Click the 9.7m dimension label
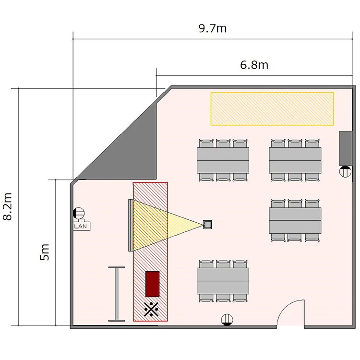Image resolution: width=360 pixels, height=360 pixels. tap(213, 28)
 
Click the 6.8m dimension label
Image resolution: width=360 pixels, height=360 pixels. tap(254, 65)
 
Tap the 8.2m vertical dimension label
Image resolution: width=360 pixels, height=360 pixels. tap(8, 206)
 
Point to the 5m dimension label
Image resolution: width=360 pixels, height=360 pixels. tap(45, 252)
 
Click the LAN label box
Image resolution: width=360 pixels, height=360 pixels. tap(82, 226)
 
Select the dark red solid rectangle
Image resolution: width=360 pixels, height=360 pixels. tap(153, 284)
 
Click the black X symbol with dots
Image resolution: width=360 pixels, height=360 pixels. tap(151, 309)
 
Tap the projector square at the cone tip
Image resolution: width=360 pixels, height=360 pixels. tap(207, 224)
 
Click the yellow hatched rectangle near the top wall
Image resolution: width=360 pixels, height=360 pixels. tap(272, 109)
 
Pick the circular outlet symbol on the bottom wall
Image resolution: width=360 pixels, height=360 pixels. tap(227, 320)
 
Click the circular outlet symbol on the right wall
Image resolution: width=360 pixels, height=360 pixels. tap(345, 171)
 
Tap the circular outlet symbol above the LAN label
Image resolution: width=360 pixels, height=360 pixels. tap(79, 213)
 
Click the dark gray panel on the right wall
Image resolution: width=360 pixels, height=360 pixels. tap(346, 148)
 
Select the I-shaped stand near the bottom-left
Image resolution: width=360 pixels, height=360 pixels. tap(117, 294)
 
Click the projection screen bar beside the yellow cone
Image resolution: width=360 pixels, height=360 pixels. tap(131, 225)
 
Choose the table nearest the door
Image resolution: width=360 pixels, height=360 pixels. tap(223, 281)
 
